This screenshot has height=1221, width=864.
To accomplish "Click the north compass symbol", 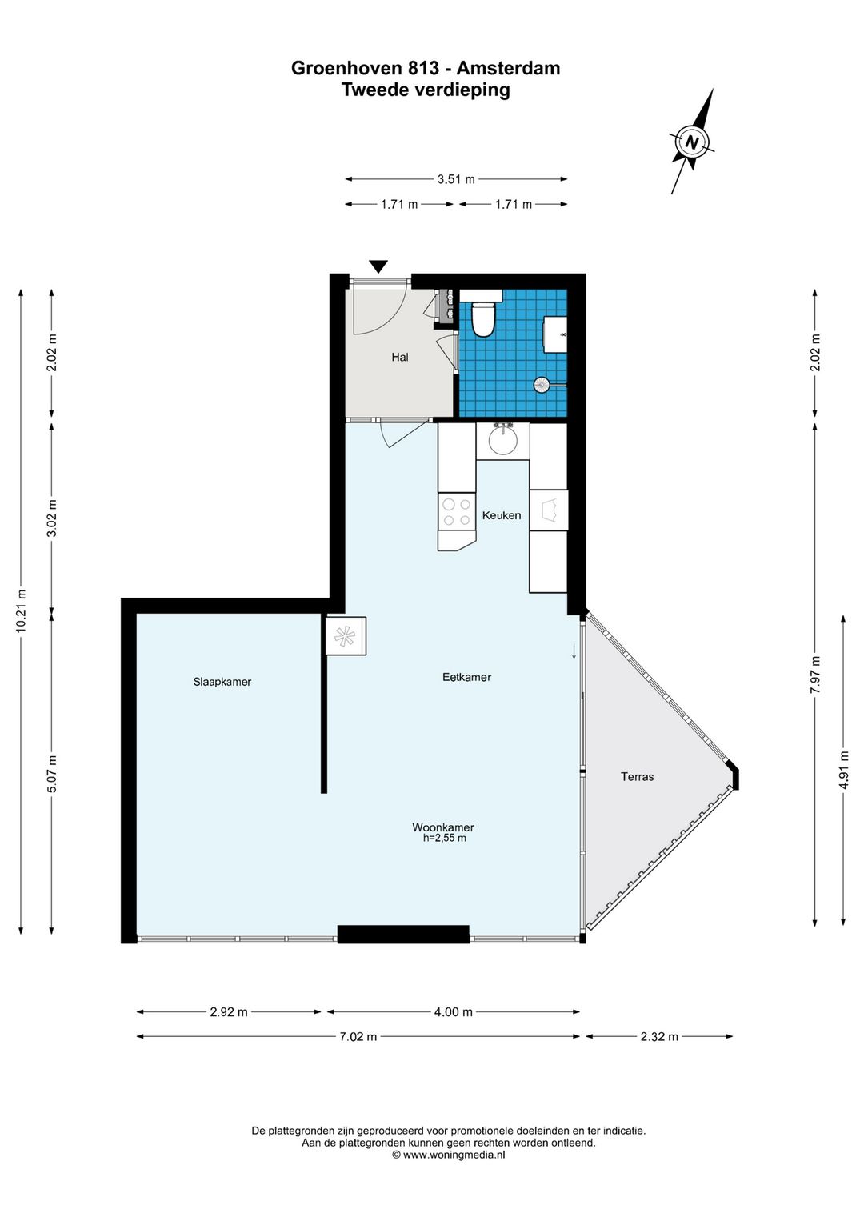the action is (692, 142).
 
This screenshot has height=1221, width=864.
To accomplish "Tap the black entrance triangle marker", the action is (378, 266).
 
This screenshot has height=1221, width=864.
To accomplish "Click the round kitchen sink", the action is (502, 440).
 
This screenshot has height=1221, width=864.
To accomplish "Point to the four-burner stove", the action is (457, 512).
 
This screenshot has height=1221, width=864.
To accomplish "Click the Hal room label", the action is (400, 357).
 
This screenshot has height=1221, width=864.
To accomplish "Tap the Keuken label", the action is (502, 515).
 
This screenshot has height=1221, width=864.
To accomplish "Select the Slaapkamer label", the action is (222, 682).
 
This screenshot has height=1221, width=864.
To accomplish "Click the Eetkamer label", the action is (466, 677).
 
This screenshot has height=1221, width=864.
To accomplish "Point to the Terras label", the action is (638, 776).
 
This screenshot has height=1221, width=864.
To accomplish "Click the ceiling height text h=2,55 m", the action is (445, 838).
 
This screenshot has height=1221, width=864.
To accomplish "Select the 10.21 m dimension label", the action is (22, 610).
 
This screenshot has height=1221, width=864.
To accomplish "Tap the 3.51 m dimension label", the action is (456, 178).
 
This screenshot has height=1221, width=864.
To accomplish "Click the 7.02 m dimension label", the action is (358, 1036).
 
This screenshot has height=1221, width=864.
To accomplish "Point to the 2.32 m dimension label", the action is (659, 1036).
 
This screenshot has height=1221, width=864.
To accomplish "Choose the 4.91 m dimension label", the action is (844, 770).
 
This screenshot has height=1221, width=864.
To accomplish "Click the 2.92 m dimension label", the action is (229, 1011).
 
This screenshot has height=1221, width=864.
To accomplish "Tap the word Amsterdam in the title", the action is (508, 68).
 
